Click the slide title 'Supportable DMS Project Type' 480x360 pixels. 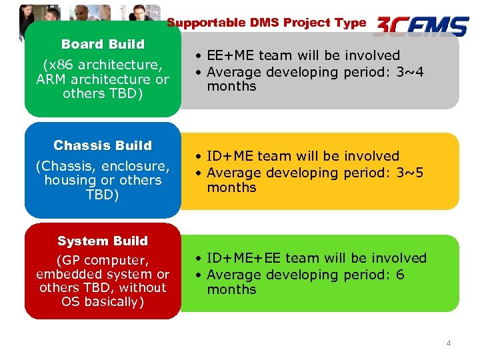(x=266, y=23)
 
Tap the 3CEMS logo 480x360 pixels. (x=421, y=26)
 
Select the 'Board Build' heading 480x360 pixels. (x=103, y=44)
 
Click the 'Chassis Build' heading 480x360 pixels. (x=103, y=145)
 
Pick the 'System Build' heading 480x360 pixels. (x=103, y=241)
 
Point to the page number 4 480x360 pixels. (x=449, y=343)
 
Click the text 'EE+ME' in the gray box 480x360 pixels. (x=229, y=55)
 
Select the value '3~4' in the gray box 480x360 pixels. (x=411, y=72)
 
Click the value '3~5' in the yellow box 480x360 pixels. (x=411, y=173)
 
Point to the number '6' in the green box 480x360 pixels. (x=400, y=275)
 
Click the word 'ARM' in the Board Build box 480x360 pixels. (x=52, y=79)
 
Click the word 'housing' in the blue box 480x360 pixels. (x=67, y=180)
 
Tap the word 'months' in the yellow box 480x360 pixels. (x=231, y=188)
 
